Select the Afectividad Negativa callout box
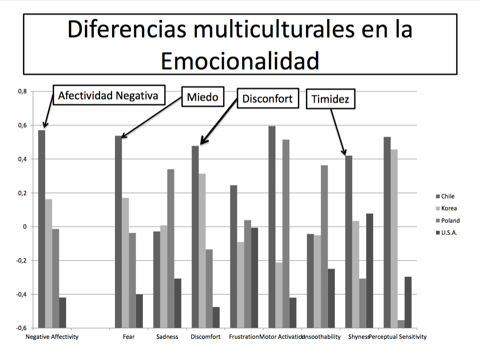pos(108,95)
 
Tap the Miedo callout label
pos(203,97)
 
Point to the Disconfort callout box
pos(268,98)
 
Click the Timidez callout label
pos(330,99)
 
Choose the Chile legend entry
pos(448,196)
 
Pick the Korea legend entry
pos(449,208)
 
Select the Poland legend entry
pos(450,220)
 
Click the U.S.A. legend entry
pos(449,233)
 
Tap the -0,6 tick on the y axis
pos(21,328)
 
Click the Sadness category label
pos(167,337)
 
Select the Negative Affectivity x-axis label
pos(52,337)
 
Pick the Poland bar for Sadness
pos(171,198)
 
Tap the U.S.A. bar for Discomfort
pos(216,317)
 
